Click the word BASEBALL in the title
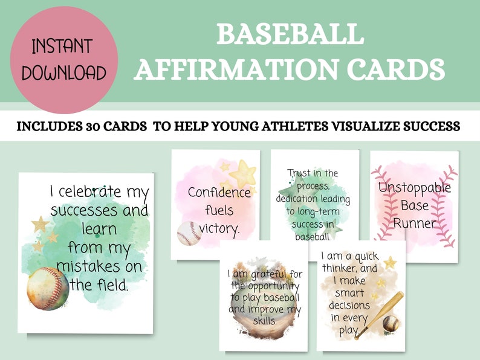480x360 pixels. click(x=290, y=35)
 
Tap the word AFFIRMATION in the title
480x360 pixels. click(x=241, y=69)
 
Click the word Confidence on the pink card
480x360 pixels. click(x=219, y=193)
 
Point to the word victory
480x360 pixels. click(x=219, y=228)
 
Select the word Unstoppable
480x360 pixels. click(x=415, y=187)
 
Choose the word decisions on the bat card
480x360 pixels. click(x=349, y=305)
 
